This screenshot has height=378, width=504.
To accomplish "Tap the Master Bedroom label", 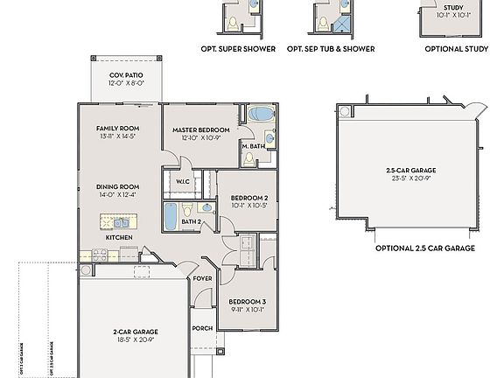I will point(194,129).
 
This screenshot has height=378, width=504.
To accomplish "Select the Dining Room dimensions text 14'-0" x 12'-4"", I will point(118,194).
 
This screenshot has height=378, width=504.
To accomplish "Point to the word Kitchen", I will point(118,237).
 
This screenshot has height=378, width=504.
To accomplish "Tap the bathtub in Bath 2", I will point(171,213).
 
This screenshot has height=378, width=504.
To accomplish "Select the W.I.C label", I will point(184,182).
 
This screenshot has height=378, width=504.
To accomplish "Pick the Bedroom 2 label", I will point(248,198).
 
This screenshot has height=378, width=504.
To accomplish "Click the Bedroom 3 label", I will point(248,300).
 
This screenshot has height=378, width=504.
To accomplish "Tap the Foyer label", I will point(203,278).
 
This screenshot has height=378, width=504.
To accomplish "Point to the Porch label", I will point(202,329).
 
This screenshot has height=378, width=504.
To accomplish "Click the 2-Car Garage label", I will point(135,332).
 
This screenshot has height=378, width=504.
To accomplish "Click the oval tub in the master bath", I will point(260,114).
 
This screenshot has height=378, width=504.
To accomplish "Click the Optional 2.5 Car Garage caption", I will point(424,248).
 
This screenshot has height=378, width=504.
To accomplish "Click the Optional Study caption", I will point(456,49).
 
